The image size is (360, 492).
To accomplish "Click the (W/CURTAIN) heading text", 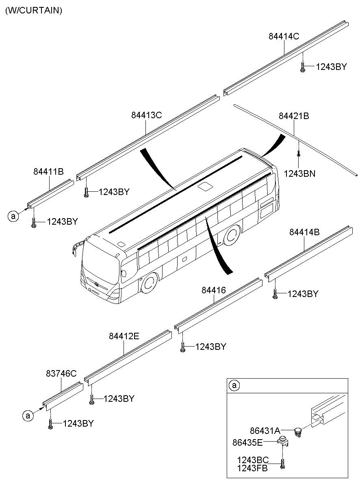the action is [34, 10].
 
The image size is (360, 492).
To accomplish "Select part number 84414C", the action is [284, 36].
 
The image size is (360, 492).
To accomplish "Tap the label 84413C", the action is [147, 115].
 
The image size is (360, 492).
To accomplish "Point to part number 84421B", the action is [294, 116].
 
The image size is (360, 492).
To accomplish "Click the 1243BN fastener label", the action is [299, 174].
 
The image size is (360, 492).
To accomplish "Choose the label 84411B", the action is [48, 171].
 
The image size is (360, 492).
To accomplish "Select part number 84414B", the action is [304, 232].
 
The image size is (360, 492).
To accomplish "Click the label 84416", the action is [214, 290].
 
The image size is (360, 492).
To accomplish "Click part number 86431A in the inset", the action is [265, 431].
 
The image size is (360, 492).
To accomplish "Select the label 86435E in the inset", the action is [247, 442].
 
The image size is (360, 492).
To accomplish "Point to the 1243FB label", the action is [252, 468].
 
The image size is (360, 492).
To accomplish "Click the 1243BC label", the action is [253, 460].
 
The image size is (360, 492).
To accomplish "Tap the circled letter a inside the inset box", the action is [234, 385].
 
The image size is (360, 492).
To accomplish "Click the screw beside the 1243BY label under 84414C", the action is [303, 67].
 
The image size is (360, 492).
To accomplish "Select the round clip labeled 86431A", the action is [297, 432].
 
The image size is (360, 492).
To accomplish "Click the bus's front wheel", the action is [150, 283].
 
